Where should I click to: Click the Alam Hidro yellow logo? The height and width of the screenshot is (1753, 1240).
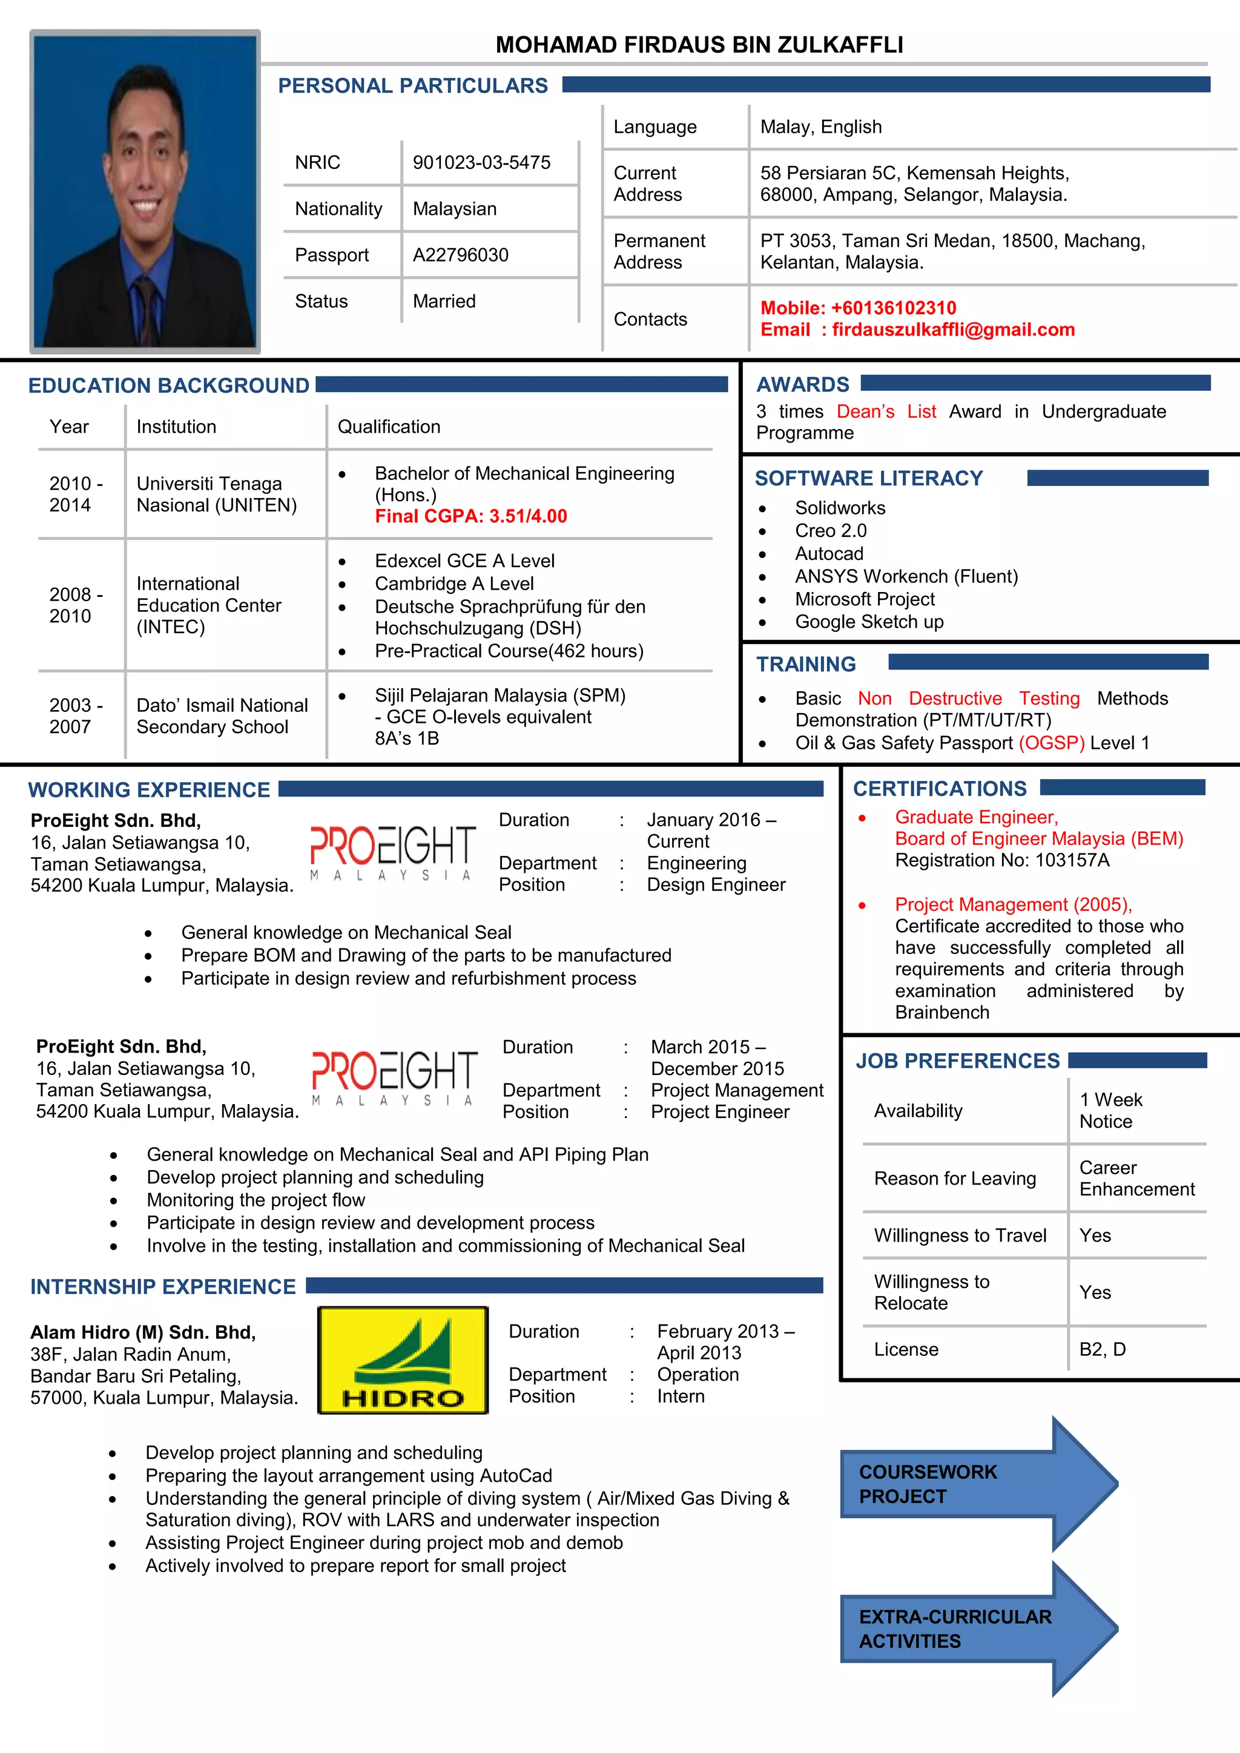(x=403, y=1360)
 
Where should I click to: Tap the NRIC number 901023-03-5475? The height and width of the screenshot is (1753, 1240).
(x=481, y=163)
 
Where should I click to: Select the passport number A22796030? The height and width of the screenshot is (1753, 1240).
(x=460, y=255)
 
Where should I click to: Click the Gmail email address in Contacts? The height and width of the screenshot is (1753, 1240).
(x=953, y=330)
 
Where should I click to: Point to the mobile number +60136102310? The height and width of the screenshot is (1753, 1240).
(x=892, y=308)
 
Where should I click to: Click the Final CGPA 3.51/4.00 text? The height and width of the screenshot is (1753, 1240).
(x=470, y=516)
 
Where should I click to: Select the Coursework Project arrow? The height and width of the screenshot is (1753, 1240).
(x=977, y=1484)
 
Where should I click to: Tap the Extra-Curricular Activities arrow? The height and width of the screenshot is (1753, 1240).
(x=977, y=1628)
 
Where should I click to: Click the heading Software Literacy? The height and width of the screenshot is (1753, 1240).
(x=868, y=479)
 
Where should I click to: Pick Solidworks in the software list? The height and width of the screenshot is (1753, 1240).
(x=840, y=508)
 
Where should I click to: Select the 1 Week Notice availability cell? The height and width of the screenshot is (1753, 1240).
(x=1110, y=1110)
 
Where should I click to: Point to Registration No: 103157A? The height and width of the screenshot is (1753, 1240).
(x=1002, y=861)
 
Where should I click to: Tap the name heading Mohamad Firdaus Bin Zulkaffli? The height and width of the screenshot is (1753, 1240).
(x=699, y=45)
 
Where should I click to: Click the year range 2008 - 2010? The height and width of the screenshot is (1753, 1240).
(x=76, y=605)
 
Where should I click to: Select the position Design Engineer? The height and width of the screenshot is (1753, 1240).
(x=716, y=884)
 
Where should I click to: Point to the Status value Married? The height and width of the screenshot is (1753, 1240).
(x=444, y=301)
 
